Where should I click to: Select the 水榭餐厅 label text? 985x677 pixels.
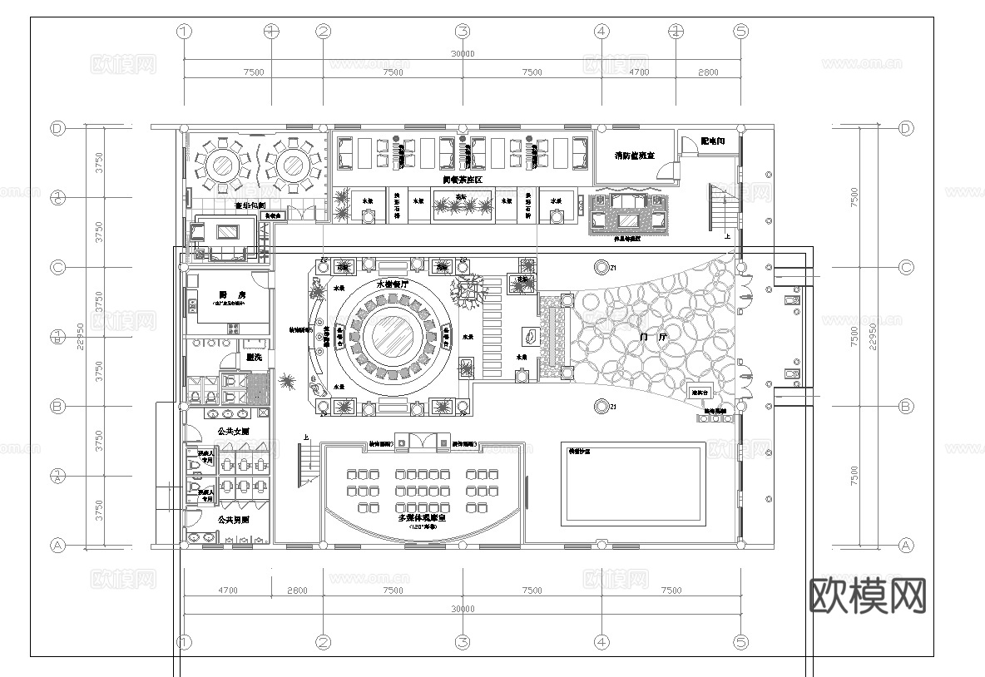click(394, 284)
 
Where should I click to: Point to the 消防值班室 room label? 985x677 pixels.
click(634, 156)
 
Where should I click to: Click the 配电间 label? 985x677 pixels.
click(713, 141)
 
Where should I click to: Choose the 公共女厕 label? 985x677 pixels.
click(233, 432)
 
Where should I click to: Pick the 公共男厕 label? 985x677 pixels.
click(233, 519)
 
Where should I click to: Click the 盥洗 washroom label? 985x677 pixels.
click(255, 357)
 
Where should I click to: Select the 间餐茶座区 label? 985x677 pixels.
click(463, 180)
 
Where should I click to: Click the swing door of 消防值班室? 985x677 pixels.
click(666, 170)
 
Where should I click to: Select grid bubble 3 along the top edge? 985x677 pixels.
click(463, 32)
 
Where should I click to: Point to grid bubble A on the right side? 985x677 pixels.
click(906, 546)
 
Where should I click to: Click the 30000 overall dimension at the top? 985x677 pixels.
click(463, 54)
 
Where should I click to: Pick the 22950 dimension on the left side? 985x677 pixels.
click(82, 337)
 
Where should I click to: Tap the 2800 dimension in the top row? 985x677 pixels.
click(707, 73)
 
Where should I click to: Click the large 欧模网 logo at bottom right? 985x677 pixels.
click(867, 595)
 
